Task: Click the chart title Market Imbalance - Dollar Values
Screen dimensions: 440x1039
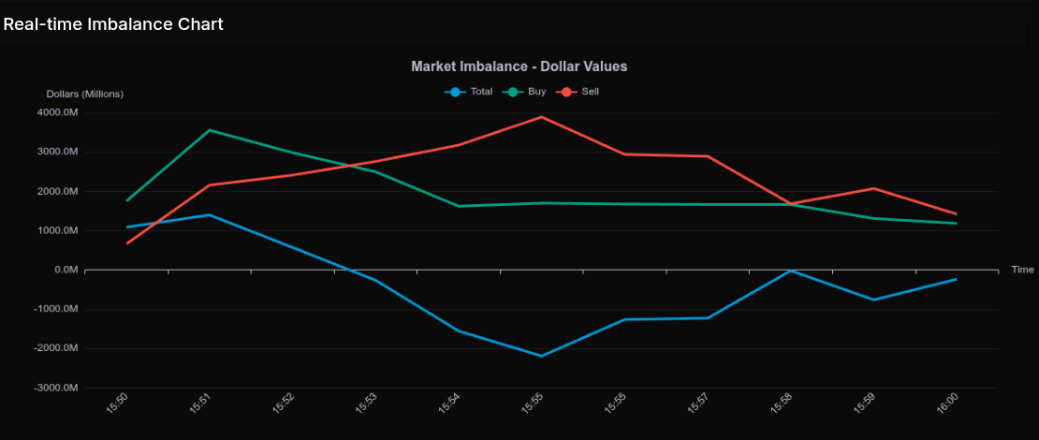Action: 519,66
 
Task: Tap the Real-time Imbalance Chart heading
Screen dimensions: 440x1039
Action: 113,24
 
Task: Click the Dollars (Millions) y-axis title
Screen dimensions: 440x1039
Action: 85,94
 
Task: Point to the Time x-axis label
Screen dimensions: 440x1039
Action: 1022,270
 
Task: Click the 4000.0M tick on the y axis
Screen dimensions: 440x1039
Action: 58,113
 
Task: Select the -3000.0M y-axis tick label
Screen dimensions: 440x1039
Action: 56,388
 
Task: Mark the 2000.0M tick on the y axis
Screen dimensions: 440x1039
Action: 58,192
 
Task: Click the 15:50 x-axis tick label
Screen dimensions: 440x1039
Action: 117,403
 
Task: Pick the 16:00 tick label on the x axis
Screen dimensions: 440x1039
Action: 947,403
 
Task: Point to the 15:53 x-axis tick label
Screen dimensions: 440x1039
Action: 366,403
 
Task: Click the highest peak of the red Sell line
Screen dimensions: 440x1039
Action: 541,117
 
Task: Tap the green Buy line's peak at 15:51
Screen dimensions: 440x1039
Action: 210,130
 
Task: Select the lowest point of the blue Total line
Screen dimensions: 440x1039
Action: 541,356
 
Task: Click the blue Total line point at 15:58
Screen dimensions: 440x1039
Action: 791,271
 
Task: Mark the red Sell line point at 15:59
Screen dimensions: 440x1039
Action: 873,188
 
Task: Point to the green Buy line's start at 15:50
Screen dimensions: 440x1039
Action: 127,200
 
